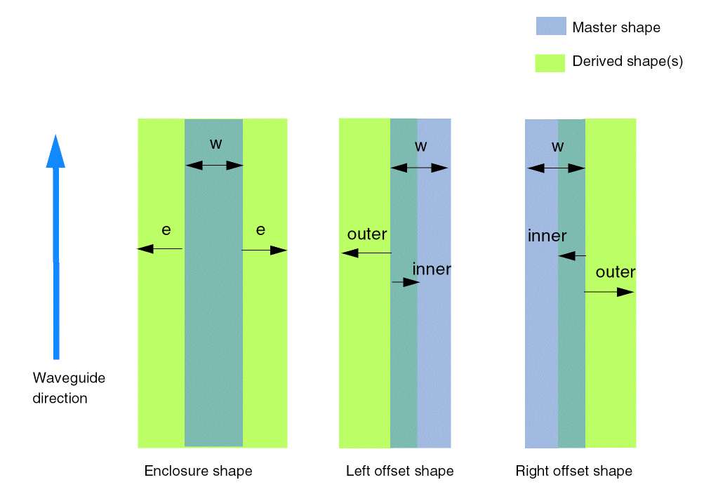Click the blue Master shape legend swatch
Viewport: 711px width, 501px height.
pyautogui.click(x=550, y=27)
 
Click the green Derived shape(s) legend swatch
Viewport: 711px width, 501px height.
pyautogui.click(x=550, y=62)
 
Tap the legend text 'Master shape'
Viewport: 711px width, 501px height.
pyautogui.click(x=616, y=27)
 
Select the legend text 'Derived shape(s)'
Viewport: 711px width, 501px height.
pyautogui.click(x=627, y=61)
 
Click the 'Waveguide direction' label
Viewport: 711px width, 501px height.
pyautogui.click(x=68, y=388)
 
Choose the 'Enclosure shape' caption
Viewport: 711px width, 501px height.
pyautogui.click(x=198, y=471)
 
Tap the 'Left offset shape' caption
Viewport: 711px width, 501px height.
pyautogui.click(x=399, y=471)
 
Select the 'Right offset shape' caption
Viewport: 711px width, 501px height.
pyautogui.click(x=573, y=471)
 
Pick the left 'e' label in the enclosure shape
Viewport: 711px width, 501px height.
pyautogui.click(x=166, y=229)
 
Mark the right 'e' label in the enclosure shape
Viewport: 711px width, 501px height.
pyautogui.click(x=260, y=229)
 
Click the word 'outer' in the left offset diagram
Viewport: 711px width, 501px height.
pyautogui.click(x=367, y=234)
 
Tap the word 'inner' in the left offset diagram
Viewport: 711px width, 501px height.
pyautogui.click(x=432, y=269)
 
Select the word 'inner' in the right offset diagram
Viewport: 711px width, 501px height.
pyautogui.click(x=547, y=236)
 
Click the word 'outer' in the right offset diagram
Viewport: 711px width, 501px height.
pyautogui.click(x=616, y=272)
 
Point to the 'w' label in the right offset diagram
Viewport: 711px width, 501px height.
pyautogui.click(x=557, y=147)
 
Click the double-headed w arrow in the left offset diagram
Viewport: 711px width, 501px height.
pyautogui.click(x=420, y=168)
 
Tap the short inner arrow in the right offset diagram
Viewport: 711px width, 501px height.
pyautogui.click(x=571, y=256)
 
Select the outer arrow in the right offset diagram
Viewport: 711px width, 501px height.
pyautogui.click(x=609, y=292)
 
